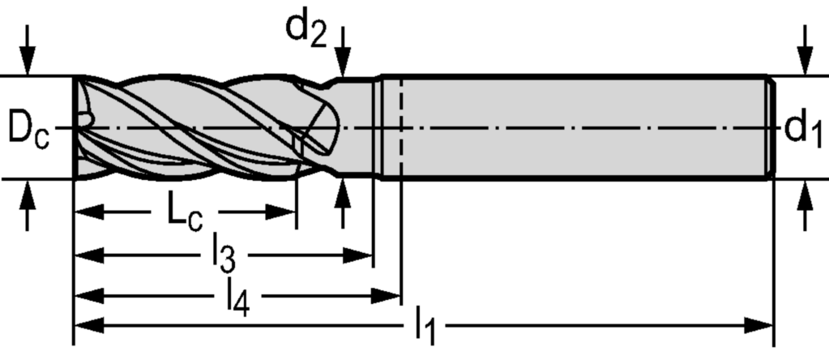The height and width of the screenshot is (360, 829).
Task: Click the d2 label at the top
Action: click(306, 28)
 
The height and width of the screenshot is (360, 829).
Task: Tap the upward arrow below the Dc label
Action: click(28, 199)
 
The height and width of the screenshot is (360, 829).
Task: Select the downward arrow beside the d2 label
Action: click(344, 57)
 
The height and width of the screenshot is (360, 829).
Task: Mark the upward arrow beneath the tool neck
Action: click(344, 199)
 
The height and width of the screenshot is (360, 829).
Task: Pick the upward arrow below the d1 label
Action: click(804, 199)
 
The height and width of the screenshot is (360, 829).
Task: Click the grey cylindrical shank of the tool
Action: click(583, 126)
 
